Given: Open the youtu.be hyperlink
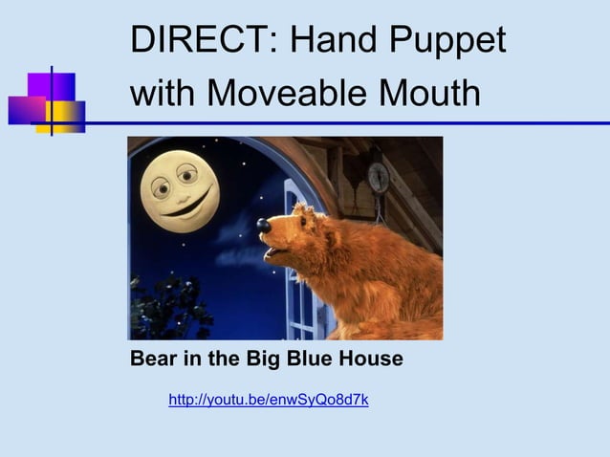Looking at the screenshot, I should tap(269, 400).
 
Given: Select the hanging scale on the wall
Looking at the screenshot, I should tap(379, 177).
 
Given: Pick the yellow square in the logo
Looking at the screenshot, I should tap(65, 116).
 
